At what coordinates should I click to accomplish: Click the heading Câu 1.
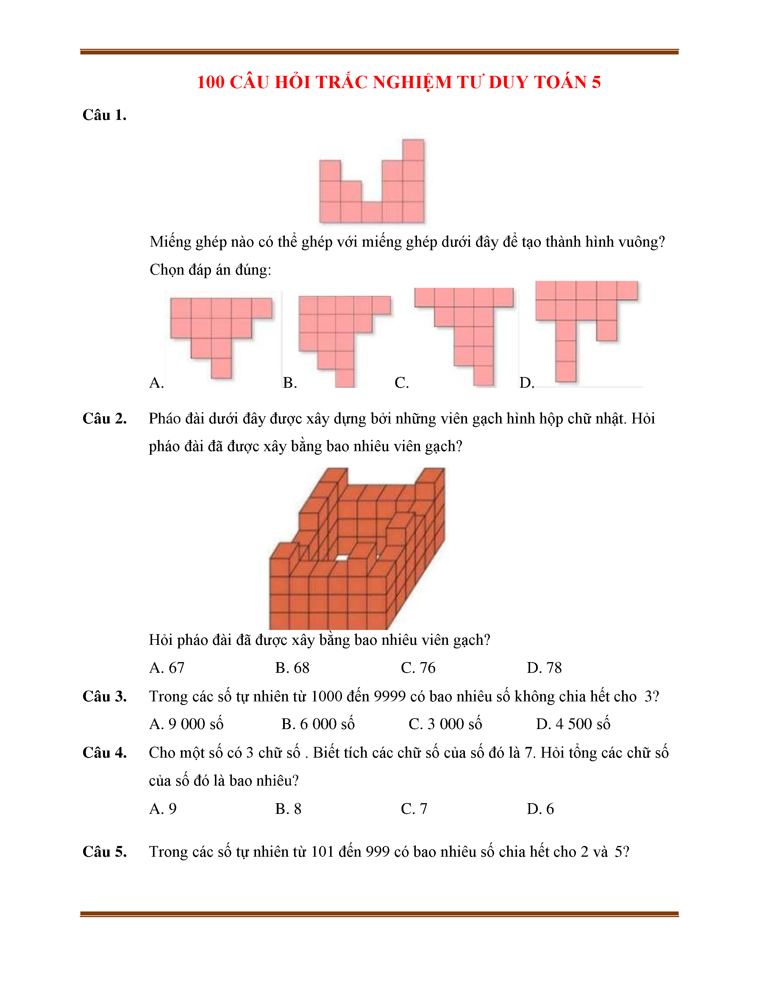(104, 115)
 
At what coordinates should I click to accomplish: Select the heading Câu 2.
(104, 419)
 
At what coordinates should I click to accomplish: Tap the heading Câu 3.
(104, 697)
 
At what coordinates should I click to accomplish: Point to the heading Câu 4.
(104, 753)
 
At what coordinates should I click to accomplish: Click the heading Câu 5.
(104, 852)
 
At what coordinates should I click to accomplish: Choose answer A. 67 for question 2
(167, 668)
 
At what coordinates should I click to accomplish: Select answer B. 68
(292, 668)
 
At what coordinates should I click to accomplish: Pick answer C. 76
(418, 668)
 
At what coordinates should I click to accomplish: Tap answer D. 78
(544, 668)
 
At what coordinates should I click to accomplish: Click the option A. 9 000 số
(186, 724)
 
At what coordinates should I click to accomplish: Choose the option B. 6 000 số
(318, 724)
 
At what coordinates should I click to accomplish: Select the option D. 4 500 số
(573, 724)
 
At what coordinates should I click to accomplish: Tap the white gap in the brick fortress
(342, 558)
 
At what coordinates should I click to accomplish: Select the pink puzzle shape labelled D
(580, 310)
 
